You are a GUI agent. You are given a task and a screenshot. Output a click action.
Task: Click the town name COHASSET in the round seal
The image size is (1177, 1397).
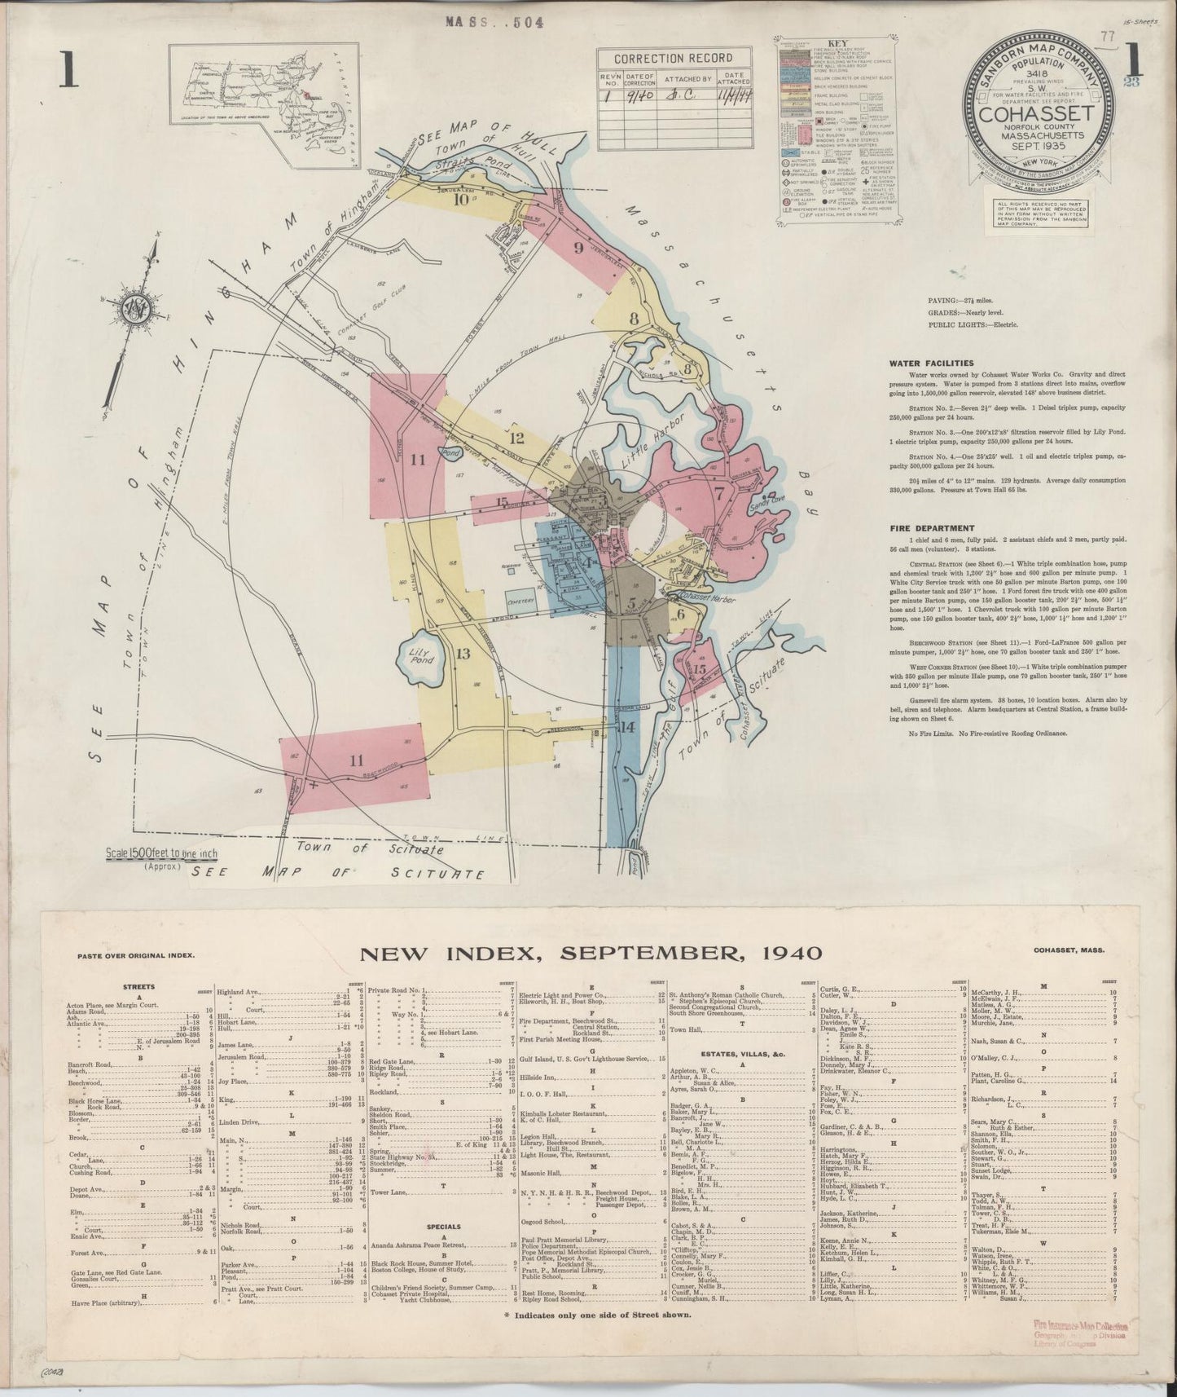(1037, 113)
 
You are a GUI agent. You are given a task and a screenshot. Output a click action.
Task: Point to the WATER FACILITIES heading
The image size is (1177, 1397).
(931, 364)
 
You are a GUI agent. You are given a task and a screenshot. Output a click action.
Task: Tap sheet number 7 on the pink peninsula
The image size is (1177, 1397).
(719, 493)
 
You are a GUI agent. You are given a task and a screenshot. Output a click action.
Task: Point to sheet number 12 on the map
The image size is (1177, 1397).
(516, 438)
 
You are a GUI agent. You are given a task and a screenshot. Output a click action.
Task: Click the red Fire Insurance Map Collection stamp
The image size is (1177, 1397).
(1074, 1348)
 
